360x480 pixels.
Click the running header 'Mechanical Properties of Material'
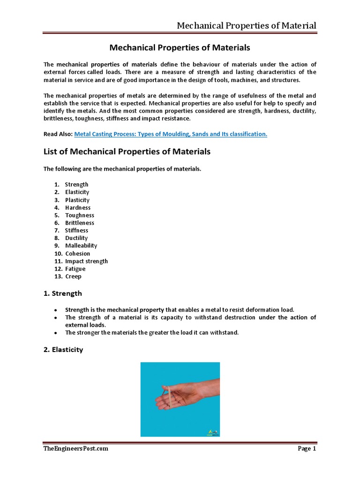(x=246, y=25)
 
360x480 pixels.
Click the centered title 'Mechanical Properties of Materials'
(x=180, y=48)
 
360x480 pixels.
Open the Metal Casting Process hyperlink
(x=171, y=134)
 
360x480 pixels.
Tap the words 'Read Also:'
(x=58, y=134)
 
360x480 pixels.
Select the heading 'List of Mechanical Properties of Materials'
(x=127, y=152)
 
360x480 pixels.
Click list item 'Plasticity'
(x=77, y=200)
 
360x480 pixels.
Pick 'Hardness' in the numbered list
(x=78, y=208)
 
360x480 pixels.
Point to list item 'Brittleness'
(x=80, y=223)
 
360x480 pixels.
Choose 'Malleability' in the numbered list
(x=81, y=246)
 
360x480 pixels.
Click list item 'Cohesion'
(x=78, y=254)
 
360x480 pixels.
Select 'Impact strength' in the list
(x=86, y=261)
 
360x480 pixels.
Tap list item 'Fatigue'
(x=75, y=269)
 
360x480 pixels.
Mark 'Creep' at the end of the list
(x=73, y=277)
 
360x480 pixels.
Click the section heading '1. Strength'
(x=62, y=293)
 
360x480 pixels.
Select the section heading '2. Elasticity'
(x=63, y=350)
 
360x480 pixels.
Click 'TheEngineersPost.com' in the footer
(x=75, y=449)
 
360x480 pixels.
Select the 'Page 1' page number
(x=307, y=449)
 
